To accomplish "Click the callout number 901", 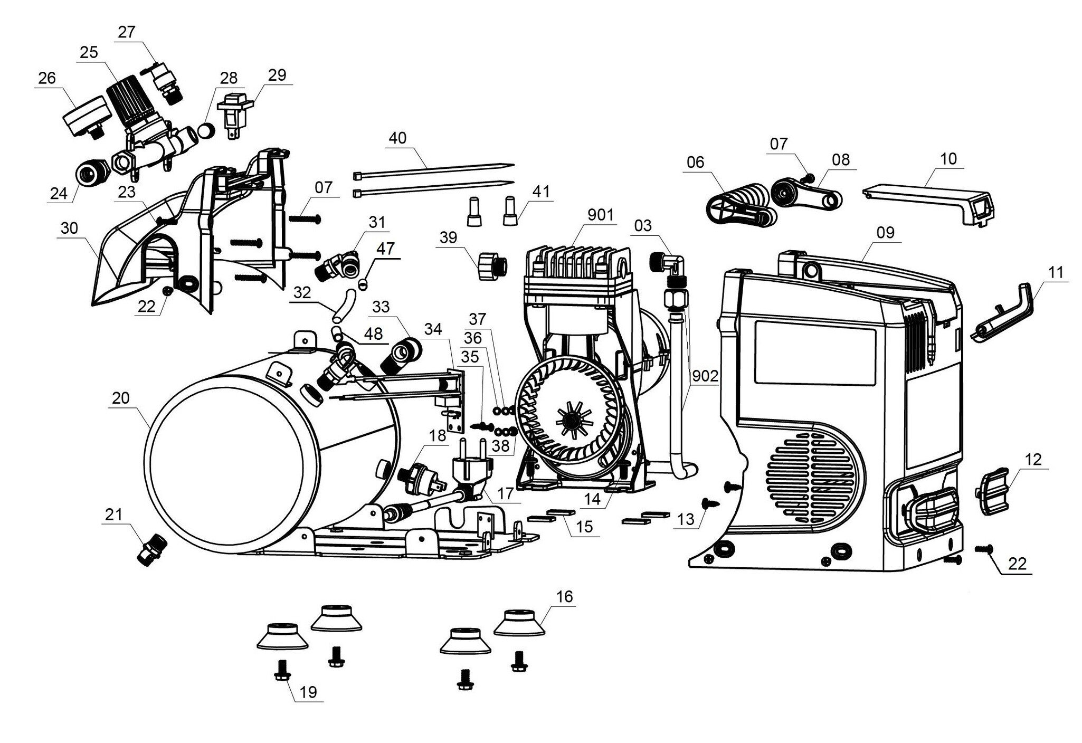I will pyautogui.click(x=600, y=215).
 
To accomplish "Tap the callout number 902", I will pyautogui.click(x=705, y=376).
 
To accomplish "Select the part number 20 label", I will pyautogui.click(x=121, y=398).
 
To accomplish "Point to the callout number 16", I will pyautogui.click(x=564, y=597).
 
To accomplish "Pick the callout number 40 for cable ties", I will pyautogui.click(x=397, y=138).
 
